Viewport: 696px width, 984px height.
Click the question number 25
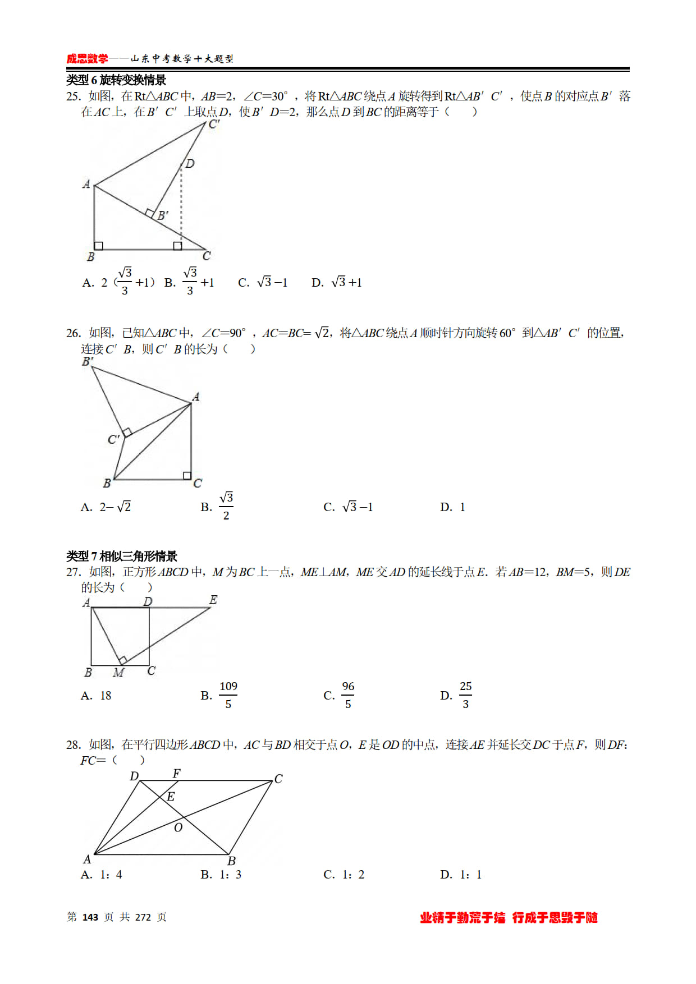[x=73, y=96]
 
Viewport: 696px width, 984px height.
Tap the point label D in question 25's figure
[x=190, y=163]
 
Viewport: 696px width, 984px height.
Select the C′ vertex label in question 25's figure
[x=214, y=125]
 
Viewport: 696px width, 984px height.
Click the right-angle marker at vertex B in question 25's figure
[x=99, y=245]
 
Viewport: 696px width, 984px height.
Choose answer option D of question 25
[x=337, y=282]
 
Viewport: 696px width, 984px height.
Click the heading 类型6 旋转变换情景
[x=116, y=80]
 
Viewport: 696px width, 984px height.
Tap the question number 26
[x=73, y=333]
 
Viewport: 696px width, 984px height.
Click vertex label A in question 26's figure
[x=196, y=397]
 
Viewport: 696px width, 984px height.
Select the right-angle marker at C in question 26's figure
[x=187, y=475]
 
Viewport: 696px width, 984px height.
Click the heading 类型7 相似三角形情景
[x=121, y=556]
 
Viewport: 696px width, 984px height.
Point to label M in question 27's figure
[x=118, y=672]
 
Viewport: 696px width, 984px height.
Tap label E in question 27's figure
[x=213, y=600]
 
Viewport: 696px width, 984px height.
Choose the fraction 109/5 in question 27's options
[x=228, y=695]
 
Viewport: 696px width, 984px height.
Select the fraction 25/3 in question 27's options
[x=465, y=695]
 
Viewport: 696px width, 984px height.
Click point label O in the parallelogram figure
[x=178, y=827]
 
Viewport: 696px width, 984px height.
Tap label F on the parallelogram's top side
[x=176, y=774]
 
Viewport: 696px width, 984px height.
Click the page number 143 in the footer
[x=90, y=917]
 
